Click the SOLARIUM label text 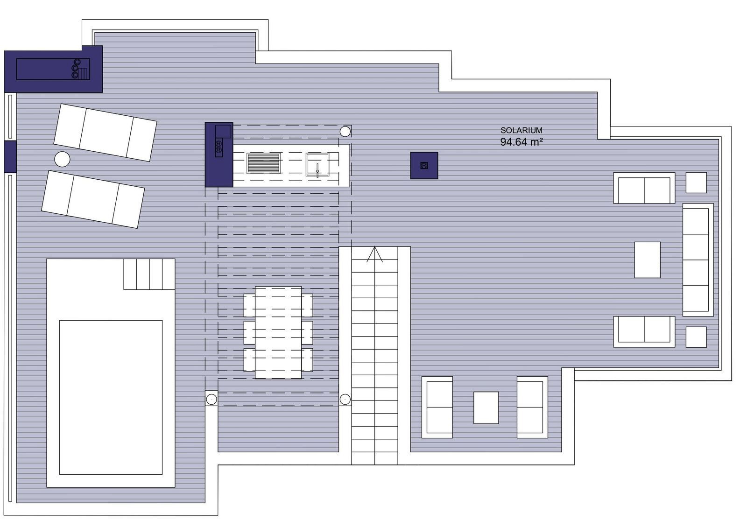click(x=521, y=130)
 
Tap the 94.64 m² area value click(x=521, y=142)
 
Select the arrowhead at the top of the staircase click(x=375, y=254)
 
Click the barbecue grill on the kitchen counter click(x=263, y=163)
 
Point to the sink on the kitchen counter click(x=317, y=164)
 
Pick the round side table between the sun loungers click(x=63, y=159)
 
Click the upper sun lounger click(x=105, y=133)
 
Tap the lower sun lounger click(x=93, y=199)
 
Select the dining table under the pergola click(x=278, y=332)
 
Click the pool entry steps click(x=149, y=274)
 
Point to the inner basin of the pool click(x=111, y=397)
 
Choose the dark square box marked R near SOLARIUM click(x=424, y=165)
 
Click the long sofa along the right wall click(x=698, y=260)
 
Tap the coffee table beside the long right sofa click(x=647, y=260)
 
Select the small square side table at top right click(x=696, y=183)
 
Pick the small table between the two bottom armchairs click(x=486, y=408)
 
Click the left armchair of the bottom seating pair click(x=437, y=407)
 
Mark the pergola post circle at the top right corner click(x=345, y=132)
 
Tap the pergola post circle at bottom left click(x=211, y=399)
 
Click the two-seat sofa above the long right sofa click(x=644, y=188)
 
